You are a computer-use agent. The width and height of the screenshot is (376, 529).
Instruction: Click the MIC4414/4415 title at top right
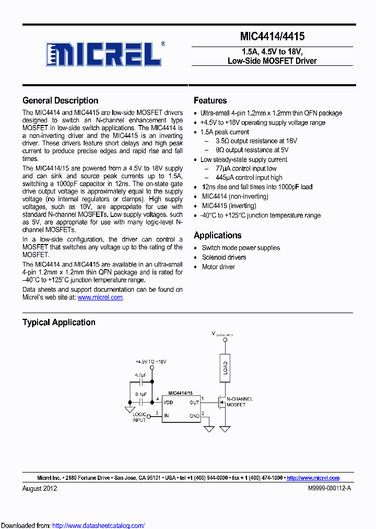pyautogui.click(x=272, y=37)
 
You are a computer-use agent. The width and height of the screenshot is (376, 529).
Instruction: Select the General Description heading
pyautogui.click(x=60, y=100)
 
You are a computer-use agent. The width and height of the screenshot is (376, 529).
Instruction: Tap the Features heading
pyautogui.click(x=210, y=100)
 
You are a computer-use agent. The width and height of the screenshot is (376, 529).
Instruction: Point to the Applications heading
pyautogui.click(x=217, y=235)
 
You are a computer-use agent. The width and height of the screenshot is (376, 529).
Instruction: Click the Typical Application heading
pyautogui.click(x=58, y=323)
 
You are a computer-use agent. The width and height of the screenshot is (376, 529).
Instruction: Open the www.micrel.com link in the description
pyautogui.click(x=100, y=297)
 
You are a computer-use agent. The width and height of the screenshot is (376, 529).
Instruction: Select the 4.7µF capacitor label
pyautogui.click(x=140, y=375)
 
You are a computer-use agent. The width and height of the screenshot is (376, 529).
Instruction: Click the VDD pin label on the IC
pyautogui.click(x=169, y=402)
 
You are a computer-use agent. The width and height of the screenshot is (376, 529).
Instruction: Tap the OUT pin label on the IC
pyautogui.click(x=194, y=402)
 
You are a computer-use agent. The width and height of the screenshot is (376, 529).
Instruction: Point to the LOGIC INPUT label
pyautogui.click(x=139, y=417)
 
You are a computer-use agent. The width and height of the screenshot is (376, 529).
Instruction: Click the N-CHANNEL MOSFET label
pyautogui.click(x=240, y=402)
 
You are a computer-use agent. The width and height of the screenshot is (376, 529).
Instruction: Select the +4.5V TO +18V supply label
pyautogui.click(x=150, y=362)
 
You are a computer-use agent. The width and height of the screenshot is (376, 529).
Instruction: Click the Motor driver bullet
pyautogui.click(x=218, y=267)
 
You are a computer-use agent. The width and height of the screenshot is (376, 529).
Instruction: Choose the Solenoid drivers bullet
pyautogui.click(x=224, y=257)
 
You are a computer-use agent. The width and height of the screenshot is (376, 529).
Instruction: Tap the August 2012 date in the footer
pyautogui.click(x=40, y=488)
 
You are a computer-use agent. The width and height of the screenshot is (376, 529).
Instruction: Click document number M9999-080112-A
pyautogui.click(x=330, y=488)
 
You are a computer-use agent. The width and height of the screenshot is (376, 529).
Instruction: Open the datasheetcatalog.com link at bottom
pyautogui.click(x=99, y=525)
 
